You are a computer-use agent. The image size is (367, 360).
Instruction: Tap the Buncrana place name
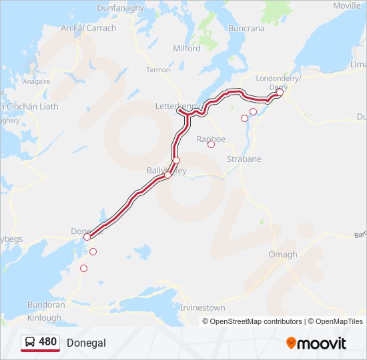(265, 29)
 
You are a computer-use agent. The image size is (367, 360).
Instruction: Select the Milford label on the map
(186, 49)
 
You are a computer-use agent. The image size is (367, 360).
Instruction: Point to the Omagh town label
(282, 255)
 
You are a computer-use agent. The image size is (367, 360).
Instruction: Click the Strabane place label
(244, 159)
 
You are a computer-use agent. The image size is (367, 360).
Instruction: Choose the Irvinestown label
(203, 308)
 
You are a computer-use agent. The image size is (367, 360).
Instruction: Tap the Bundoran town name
(46, 305)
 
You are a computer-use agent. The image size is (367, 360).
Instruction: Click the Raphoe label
(211, 139)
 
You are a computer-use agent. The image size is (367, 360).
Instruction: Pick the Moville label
(346, 5)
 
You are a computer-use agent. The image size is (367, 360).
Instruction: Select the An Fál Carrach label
(88, 28)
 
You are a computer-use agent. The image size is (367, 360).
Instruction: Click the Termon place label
(158, 70)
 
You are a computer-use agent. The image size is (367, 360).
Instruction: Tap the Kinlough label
(44, 317)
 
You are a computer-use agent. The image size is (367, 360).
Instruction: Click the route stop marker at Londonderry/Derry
(280, 93)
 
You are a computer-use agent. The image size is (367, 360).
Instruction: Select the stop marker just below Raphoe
(211, 144)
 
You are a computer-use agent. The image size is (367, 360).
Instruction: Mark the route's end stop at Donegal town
(87, 237)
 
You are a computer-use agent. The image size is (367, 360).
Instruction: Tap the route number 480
(47, 342)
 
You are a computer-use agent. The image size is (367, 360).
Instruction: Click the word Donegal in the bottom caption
(86, 343)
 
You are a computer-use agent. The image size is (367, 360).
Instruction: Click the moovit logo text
(322, 343)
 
